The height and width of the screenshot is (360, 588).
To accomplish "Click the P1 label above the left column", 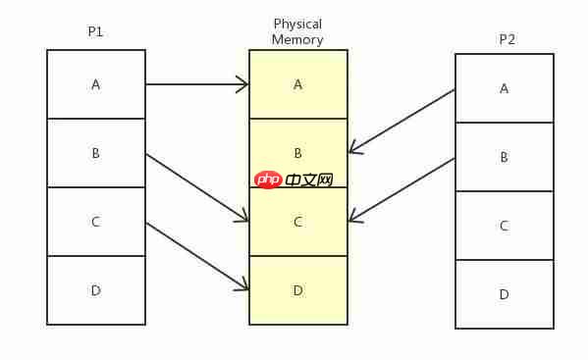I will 95,31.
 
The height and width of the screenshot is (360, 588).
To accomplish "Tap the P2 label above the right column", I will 507,39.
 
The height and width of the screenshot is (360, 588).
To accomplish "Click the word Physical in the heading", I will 297,24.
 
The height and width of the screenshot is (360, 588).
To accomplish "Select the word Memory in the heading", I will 297,40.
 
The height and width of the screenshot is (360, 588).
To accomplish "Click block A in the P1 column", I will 96,84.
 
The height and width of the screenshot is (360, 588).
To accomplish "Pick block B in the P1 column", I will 96,153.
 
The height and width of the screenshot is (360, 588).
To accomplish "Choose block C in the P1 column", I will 96,222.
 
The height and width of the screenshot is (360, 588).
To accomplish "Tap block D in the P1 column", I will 96,290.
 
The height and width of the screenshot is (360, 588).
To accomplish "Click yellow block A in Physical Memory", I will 298,84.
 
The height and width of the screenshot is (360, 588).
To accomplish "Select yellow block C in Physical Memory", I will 298,222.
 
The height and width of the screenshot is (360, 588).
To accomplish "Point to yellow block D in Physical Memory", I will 298,290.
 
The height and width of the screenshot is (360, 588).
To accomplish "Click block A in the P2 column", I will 505,88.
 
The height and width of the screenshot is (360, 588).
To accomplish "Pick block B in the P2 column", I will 505,157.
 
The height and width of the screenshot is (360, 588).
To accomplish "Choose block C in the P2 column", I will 505,226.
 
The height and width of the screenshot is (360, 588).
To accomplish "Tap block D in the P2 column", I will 505,294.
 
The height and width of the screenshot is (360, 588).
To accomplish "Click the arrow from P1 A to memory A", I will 196,84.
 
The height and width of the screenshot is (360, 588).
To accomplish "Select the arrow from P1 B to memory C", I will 196,186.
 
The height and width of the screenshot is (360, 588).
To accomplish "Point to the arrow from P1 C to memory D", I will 196,256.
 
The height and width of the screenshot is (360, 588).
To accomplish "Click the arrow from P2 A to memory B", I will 401,121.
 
